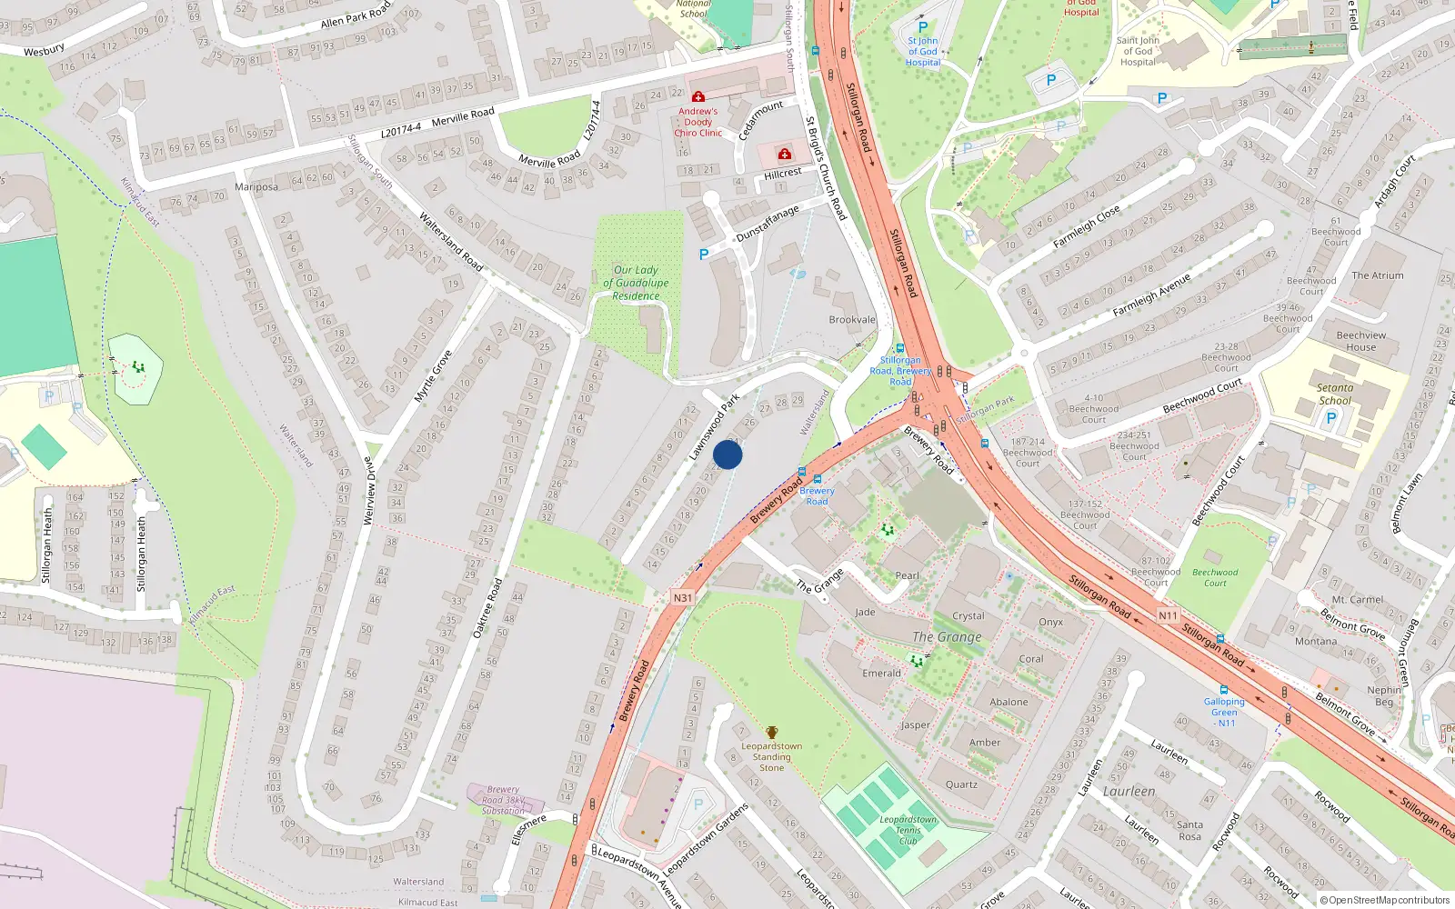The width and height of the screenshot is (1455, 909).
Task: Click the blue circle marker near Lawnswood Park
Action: (727, 454)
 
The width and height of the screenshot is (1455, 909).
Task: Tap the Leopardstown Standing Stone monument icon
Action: (772, 733)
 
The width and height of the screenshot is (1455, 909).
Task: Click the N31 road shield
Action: (683, 597)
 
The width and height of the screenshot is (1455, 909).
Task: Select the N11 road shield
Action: (1168, 615)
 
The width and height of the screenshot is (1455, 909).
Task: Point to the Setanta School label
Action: (1335, 394)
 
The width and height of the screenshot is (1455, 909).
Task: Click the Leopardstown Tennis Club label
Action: (908, 830)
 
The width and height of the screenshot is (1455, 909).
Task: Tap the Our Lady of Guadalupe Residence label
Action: (636, 283)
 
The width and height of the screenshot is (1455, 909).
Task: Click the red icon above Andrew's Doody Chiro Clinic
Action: (698, 96)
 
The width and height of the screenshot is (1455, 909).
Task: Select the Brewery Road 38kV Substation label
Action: (503, 800)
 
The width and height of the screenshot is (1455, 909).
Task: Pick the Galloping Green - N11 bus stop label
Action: (1225, 712)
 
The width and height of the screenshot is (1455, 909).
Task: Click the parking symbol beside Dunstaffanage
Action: (704, 255)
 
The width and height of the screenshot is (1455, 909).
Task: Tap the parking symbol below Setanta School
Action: (1331, 418)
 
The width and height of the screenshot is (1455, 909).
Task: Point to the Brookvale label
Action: (852, 320)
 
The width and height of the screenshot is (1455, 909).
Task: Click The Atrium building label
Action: (1377, 275)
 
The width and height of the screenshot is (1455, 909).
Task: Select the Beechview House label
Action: (1360, 341)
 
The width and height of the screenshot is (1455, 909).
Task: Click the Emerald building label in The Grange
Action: (881, 674)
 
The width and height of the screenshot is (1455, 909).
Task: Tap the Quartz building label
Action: (961, 784)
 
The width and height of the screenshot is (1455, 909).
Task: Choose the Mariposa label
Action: (256, 187)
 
